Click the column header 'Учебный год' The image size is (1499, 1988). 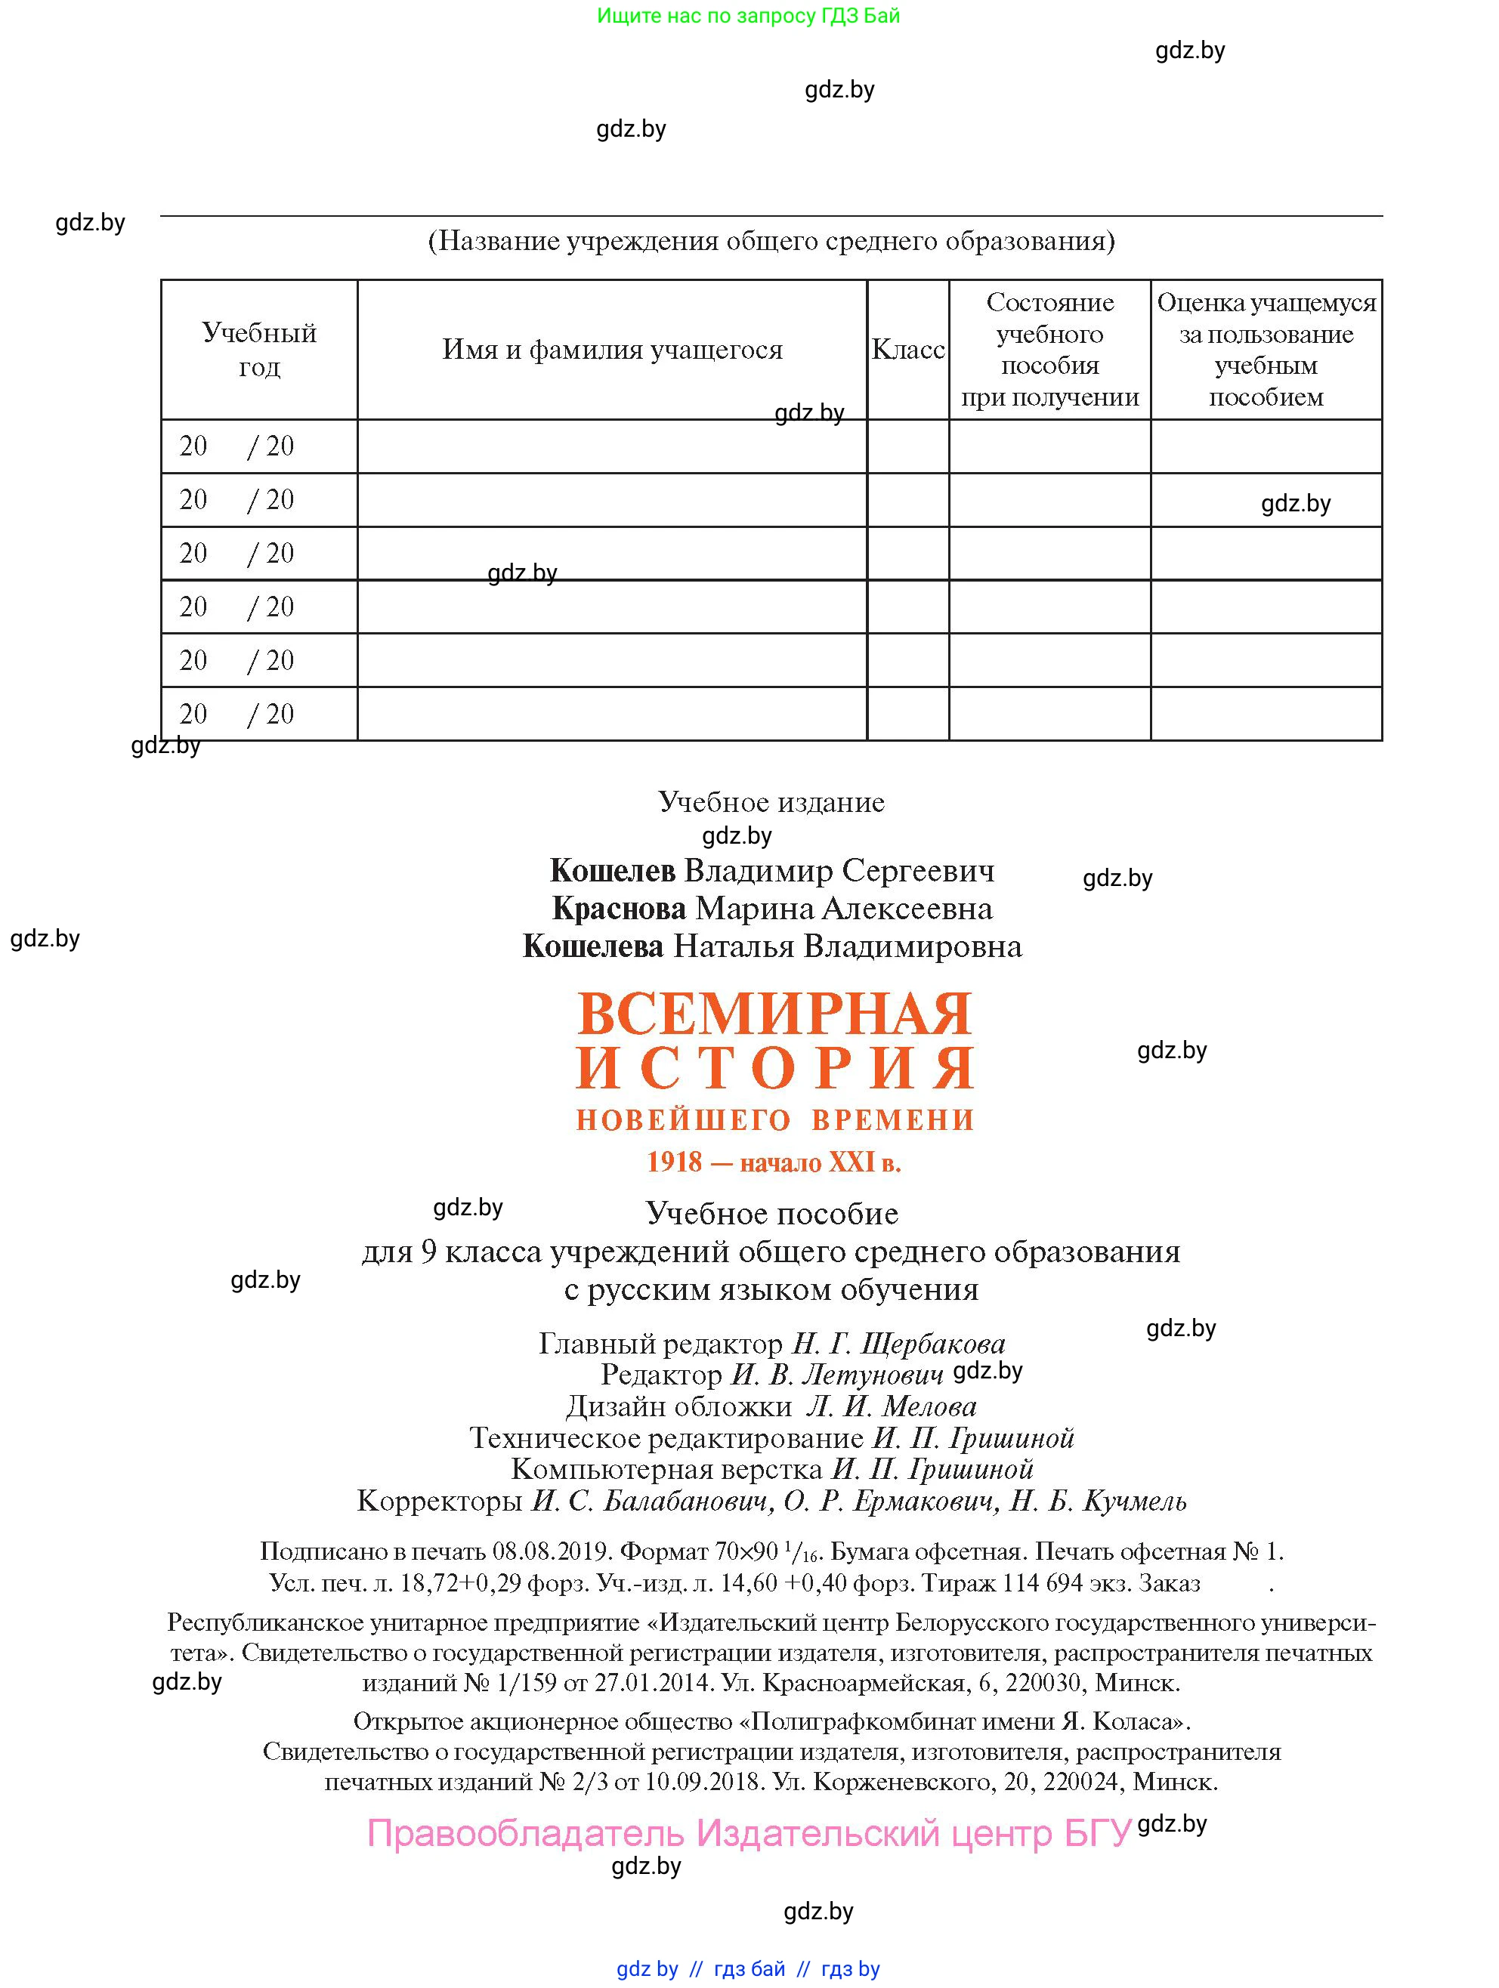259,349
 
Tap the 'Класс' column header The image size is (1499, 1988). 907,349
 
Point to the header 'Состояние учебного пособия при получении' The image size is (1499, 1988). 1049,349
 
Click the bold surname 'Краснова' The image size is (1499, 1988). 619,909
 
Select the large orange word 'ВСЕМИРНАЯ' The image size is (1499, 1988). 774,1014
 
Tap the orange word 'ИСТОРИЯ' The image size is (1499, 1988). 774,1068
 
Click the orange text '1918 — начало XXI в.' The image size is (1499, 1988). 774,1162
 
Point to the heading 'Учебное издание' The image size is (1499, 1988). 771,801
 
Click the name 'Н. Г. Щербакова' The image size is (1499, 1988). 898,1344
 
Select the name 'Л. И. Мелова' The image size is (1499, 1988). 891,1406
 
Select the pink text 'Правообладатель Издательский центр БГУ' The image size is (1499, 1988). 748,1833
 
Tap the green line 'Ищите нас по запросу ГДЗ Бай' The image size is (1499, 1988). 748,15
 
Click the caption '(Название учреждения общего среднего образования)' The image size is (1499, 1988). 771,241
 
